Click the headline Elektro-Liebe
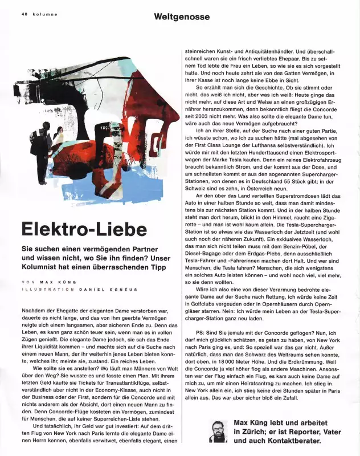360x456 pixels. pos(84,229)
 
